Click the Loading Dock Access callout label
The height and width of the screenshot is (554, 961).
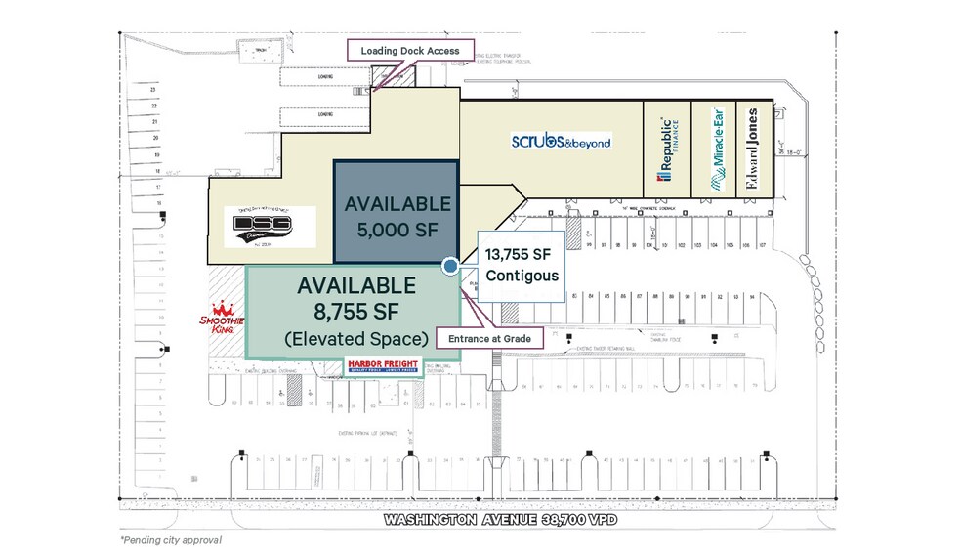click(x=410, y=51)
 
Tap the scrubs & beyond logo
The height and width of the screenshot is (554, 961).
click(x=561, y=142)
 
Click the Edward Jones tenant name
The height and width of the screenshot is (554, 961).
click(x=753, y=149)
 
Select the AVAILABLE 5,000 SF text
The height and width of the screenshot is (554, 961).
click(x=397, y=217)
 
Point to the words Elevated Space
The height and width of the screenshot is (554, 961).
click(x=356, y=339)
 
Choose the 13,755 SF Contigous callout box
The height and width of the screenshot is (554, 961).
click(x=522, y=264)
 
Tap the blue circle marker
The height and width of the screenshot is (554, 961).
click(x=450, y=265)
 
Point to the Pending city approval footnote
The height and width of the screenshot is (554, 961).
click(x=171, y=540)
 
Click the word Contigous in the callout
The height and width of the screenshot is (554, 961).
click(x=522, y=276)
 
